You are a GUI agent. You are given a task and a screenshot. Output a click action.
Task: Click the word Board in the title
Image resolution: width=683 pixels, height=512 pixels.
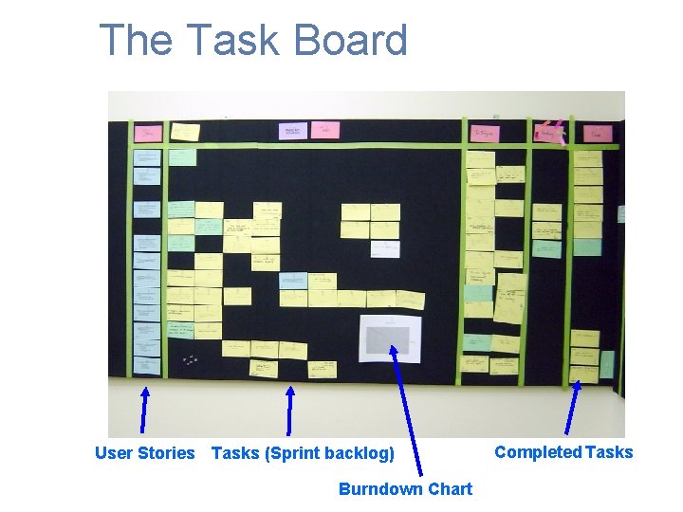pos(350,41)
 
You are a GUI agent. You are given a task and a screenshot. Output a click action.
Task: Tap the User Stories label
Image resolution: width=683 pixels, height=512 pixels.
pos(144,453)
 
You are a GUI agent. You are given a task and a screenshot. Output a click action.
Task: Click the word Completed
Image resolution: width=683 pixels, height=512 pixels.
pos(537,452)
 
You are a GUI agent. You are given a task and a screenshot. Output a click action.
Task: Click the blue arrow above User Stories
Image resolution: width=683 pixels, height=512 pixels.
pos(144,409)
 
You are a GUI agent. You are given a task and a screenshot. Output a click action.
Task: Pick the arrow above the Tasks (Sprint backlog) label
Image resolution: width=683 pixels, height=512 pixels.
pos(289,409)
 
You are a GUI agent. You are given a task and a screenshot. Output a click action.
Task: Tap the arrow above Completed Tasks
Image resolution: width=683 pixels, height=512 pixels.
pos(573,407)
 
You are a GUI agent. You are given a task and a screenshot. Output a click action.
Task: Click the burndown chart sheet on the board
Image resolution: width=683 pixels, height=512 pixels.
pos(390,338)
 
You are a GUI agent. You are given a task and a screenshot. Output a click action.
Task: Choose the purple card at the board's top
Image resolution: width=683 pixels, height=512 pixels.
pos(293,130)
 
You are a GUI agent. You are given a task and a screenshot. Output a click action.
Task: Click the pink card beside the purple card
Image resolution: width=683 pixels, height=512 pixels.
pos(325,129)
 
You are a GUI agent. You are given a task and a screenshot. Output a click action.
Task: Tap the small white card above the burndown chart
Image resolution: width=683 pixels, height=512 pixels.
pos(385,248)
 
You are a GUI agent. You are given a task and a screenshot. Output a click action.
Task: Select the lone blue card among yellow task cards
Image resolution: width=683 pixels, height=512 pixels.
pos(293,281)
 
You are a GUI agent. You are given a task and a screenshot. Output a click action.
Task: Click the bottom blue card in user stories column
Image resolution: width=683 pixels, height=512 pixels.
pos(147,365)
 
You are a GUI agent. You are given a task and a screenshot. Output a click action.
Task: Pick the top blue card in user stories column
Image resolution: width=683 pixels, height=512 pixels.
pos(147,157)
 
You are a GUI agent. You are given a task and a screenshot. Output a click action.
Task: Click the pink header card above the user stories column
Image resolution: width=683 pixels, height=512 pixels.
pos(147,133)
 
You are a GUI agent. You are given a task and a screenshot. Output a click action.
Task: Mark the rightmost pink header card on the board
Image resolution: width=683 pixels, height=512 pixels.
pos(597,134)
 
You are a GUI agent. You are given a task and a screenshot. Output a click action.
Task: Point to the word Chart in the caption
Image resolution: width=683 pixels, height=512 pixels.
pos(451,489)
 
